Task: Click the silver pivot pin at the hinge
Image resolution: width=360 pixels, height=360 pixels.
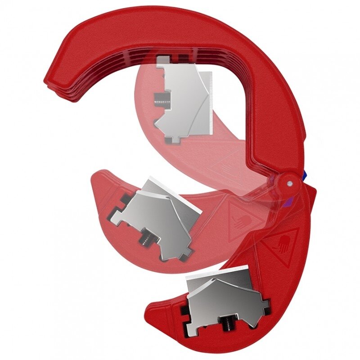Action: (x=290, y=183)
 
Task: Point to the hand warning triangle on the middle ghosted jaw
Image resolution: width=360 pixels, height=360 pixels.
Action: (x=243, y=218)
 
